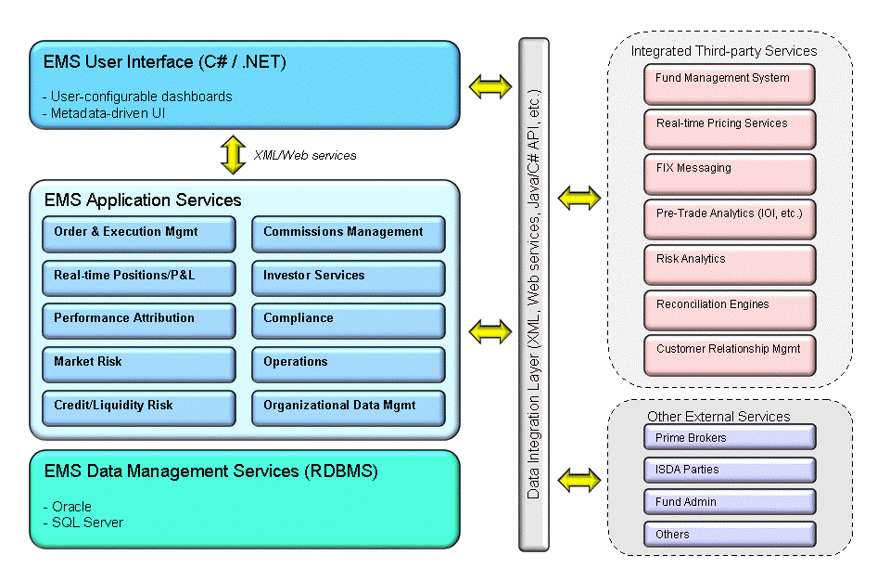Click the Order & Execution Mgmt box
tap(138, 234)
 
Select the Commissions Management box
tap(348, 234)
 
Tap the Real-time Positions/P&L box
tap(138, 277)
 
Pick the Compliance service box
tap(348, 319)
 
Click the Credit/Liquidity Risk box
tap(138, 407)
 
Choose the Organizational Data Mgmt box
tap(348, 407)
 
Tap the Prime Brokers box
tap(730, 437)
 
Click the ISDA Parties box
tap(730, 470)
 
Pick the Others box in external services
tap(730, 535)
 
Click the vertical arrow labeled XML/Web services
tap(231, 154)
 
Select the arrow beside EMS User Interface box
tap(489, 87)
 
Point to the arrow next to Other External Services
tap(579, 481)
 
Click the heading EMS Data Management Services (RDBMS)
tap(210, 471)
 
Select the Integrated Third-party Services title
tap(723, 51)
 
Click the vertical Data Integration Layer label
tap(533, 278)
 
